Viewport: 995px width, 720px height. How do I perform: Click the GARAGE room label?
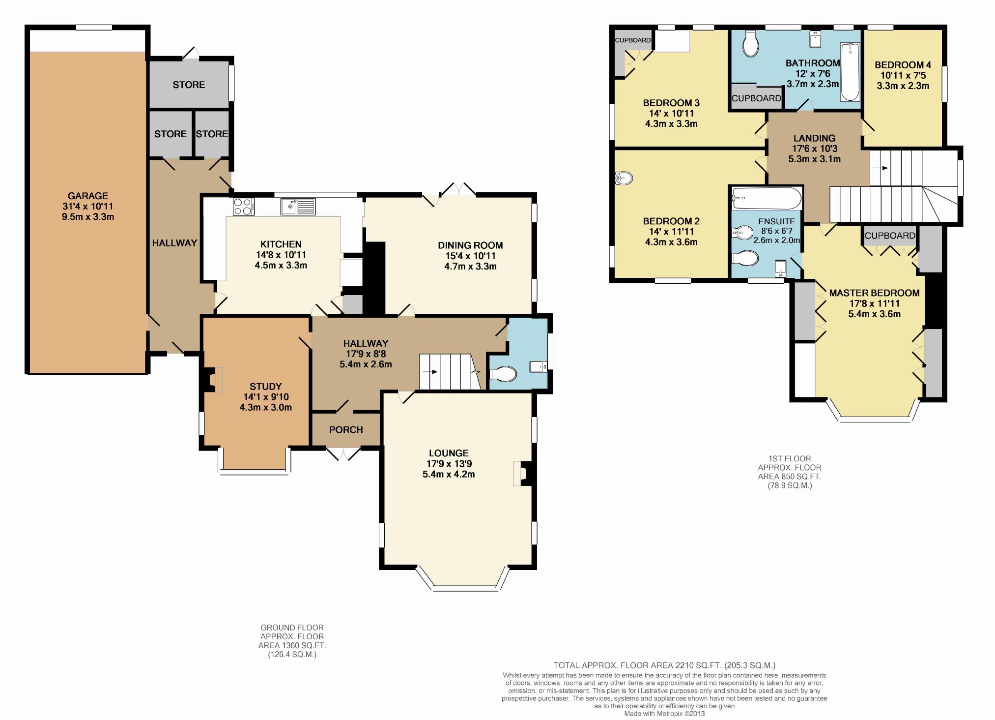point(88,196)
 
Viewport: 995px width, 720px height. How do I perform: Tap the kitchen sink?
point(298,207)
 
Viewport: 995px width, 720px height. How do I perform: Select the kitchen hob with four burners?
point(243,207)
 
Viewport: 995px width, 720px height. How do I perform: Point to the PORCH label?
point(346,430)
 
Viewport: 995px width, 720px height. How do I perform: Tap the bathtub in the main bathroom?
point(850,72)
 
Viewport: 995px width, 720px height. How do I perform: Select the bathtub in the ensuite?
point(767,199)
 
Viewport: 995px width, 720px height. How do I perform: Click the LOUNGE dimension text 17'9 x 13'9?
point(449,464)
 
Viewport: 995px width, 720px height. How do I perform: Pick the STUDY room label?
point(266,387)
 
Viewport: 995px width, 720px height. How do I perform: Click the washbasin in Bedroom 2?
point(624,178)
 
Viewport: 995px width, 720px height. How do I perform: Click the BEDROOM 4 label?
point(903,65)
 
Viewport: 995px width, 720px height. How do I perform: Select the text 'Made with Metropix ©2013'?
point(664,714)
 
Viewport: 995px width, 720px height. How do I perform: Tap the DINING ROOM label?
point(470,245)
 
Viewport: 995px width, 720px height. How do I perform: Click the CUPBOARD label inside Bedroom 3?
point(633,40)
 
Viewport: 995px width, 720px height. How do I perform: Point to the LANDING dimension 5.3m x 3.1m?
point(815,159)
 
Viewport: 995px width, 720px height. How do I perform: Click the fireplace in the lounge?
point(522,474)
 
